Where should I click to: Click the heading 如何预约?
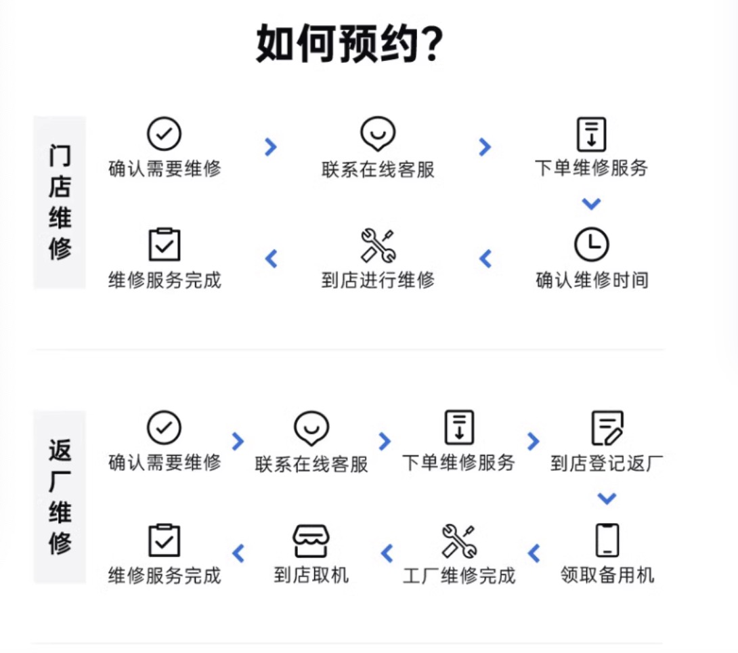[349, 44]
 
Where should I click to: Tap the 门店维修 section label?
[60, 203]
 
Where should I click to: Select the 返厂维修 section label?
[60, 497]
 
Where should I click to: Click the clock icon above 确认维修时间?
[591, 245]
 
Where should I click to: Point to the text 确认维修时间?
[592, 280]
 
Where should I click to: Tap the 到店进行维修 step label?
[378, 280]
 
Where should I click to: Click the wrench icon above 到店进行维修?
[378, 245]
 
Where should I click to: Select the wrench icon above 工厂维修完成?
[459, 541]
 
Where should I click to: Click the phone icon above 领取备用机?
[607, 540]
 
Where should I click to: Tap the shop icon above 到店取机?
[311, 541]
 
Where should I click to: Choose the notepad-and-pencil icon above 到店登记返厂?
[607, 427]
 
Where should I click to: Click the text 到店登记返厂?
[607, 463]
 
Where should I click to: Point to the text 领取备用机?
[607, 575]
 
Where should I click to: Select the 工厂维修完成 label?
[459, 576]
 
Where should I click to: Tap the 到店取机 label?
[311, 576]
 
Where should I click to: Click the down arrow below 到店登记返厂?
[607, 499]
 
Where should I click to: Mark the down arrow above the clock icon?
[591, 204]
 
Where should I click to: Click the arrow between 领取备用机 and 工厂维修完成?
[534, 553]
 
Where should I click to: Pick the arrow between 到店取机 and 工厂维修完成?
[387, 553]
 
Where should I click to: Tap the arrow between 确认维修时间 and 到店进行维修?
[485, 258]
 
